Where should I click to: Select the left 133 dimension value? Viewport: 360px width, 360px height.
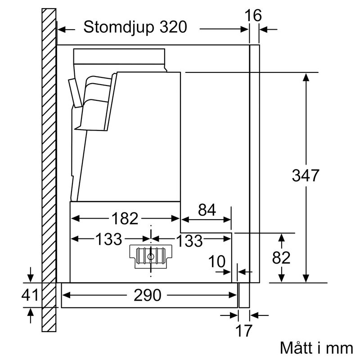(x=108, y=239)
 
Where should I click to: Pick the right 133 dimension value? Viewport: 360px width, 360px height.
(x=188, y=241)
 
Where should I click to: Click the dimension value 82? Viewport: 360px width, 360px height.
(x=281, y=258)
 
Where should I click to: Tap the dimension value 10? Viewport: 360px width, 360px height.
(x=217, y=261)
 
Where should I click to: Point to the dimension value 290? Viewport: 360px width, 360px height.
(x=147, y=295)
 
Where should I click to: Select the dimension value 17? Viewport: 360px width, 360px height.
(x=243, y=331)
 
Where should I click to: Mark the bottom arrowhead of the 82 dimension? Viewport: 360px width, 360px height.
(x=281, y=279)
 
